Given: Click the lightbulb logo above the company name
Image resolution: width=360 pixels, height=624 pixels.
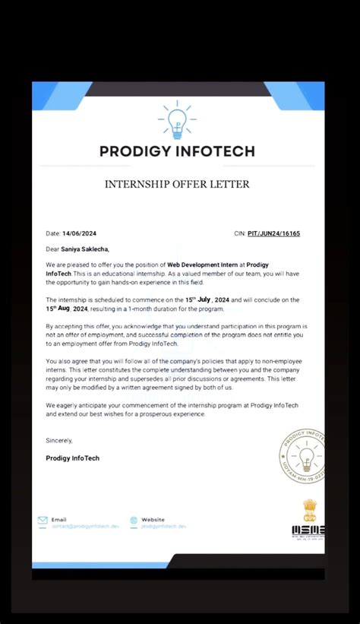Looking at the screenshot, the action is click(x=178, y=121).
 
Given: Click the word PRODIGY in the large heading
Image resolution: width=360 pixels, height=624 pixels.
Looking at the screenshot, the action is click(x=139, y=150).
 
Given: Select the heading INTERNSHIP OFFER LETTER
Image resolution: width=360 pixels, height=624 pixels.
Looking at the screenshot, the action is click(x=177, y=184).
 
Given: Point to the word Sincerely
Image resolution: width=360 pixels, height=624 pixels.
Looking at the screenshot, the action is click(x=59, y=440).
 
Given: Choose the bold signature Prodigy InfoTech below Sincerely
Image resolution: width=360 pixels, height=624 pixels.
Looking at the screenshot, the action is click(x=73, y=458).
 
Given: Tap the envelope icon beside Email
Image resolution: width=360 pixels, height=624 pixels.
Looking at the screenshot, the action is click(x=43, y=521).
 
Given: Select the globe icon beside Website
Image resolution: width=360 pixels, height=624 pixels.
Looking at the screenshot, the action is click(x=134, y=521).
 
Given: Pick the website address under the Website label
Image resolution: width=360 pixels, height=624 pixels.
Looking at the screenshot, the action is click(x=163, y=526).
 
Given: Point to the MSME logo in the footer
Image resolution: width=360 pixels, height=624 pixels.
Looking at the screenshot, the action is click(x=308, y=531).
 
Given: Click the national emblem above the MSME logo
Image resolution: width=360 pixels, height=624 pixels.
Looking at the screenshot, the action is click(x=308, y=509).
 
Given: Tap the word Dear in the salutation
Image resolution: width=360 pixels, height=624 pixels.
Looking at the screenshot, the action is click(x=52, y=249).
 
